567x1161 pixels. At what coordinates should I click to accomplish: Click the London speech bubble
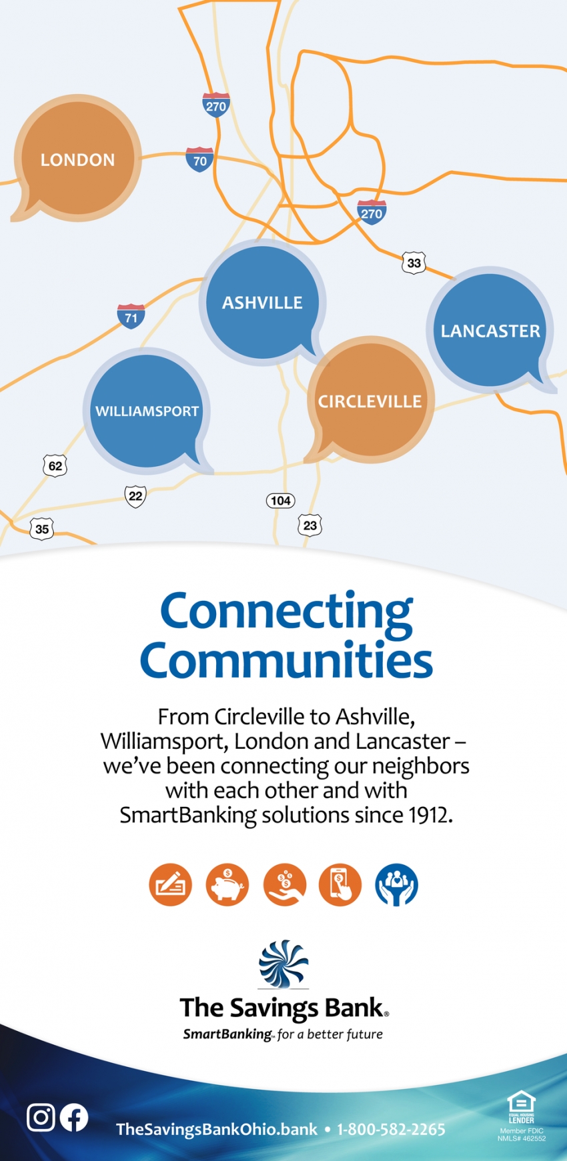coord(77,159)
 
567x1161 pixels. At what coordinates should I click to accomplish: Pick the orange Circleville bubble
coord(370,401)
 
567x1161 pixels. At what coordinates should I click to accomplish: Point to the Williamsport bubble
coord(147,411)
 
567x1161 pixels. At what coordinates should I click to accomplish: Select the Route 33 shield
coord(414,263)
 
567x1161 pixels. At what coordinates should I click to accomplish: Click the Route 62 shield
coord(55,465)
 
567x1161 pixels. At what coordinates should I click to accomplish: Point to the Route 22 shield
coord(135,496)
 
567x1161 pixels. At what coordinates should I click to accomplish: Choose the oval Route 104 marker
coord(281,501)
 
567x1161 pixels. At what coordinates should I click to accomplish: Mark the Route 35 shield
coord(42,529)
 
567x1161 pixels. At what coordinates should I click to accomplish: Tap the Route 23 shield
coord(310,525)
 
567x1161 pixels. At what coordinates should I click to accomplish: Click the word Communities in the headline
coord(286,660)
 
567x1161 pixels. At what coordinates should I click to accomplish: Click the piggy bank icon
coord(227,885)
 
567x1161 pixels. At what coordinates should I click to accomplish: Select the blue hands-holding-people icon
coord(397,885)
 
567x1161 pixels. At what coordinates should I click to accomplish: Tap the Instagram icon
coord(41,1117)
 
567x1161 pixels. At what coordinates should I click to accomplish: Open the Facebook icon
coord(74,1118)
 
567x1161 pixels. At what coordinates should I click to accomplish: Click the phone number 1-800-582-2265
coord(391,1129)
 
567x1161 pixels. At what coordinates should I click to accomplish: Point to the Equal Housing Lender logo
coord(522,1108)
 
